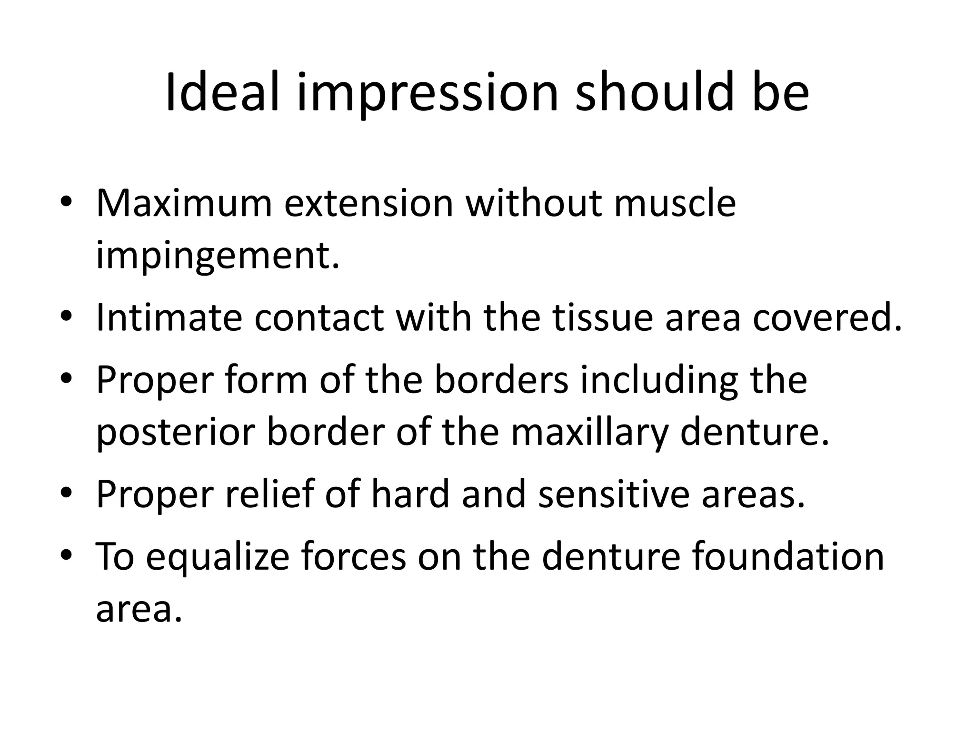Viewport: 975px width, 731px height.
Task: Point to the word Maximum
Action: click(x=184, y=203)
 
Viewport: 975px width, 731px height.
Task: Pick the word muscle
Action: click(x=675, y=203)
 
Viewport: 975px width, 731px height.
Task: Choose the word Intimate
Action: click(x=169, y=317)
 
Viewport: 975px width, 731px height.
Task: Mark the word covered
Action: click(x=827, y=317)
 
